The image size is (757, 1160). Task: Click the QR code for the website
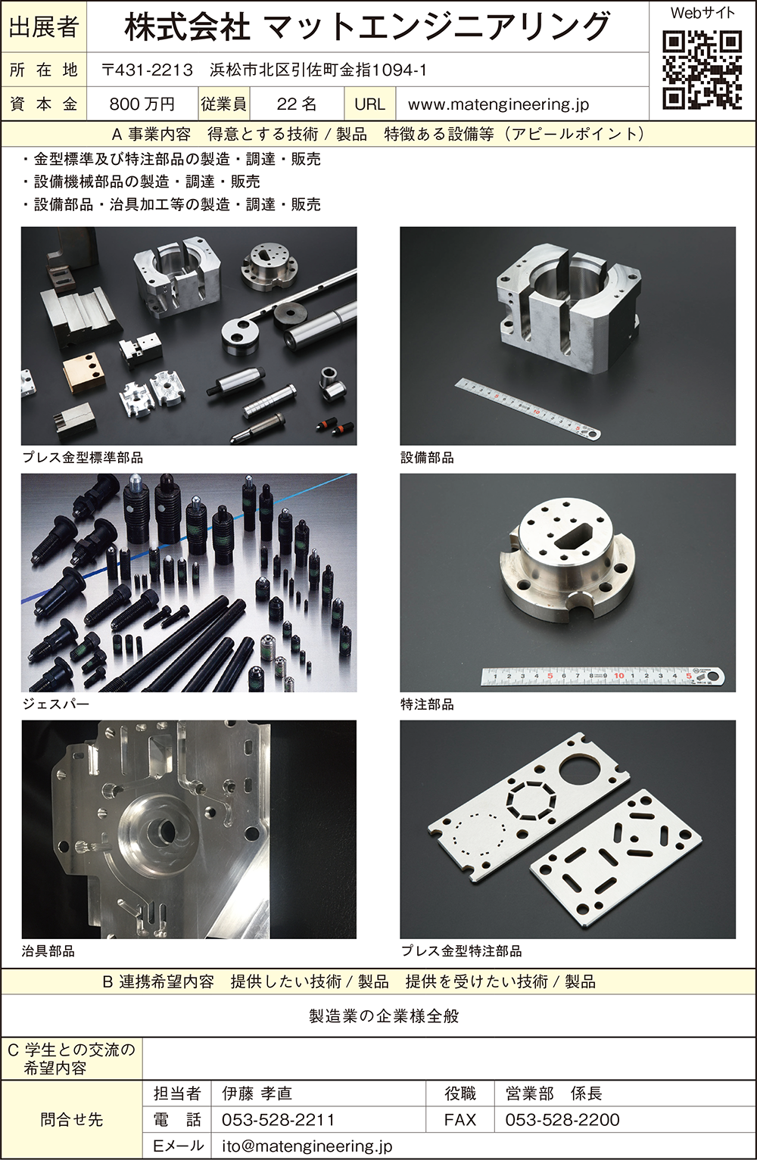coord(702,70)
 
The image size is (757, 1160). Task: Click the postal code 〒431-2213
coord(147,70)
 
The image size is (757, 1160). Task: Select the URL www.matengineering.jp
coord(498,104)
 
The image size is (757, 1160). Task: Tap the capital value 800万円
coord(142,104)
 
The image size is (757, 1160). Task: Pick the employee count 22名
coord(297,104)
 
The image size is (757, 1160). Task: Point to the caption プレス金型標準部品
coord(83,458)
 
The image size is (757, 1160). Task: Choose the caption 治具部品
coord(48,951)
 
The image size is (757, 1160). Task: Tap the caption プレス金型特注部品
coord(461,951)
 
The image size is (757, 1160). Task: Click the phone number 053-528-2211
coord(278,1120)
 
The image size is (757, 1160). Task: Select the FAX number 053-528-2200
coord(562,1120)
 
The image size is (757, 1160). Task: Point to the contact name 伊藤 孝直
coord(257,1093)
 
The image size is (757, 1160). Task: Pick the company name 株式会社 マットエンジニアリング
coord(367,27)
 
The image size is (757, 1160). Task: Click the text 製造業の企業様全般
coord(384,1016)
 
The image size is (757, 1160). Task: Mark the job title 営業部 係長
coord(553,1093)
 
